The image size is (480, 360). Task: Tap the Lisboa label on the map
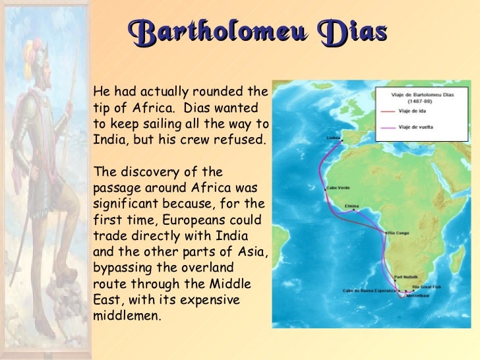point(331,138)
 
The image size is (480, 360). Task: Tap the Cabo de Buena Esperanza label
point(369,290)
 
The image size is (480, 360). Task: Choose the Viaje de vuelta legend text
point(418,126)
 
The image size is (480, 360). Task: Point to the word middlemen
point(127,315)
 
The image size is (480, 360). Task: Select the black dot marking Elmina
point(354,211)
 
